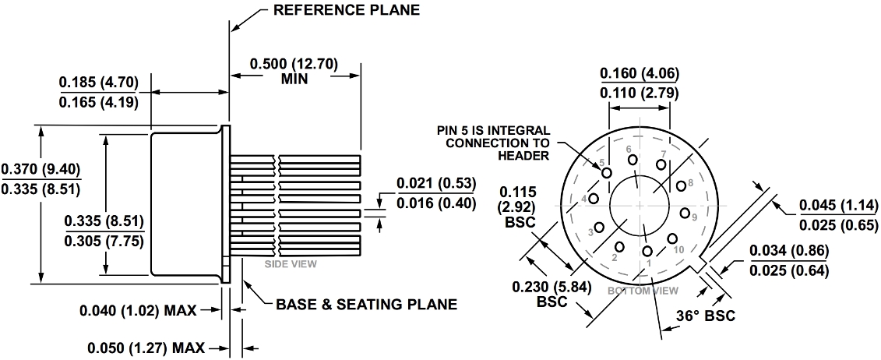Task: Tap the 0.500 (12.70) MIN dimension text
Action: point(294,70)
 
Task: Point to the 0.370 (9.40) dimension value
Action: point(41,169)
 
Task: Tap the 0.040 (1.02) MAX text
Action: point(139,310)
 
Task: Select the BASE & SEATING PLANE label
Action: point(366,303)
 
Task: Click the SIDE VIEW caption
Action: point(291,263)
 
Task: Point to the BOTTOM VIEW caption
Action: point(643,290)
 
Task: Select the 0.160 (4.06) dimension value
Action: point(640,75)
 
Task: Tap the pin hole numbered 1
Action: point(647,251)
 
